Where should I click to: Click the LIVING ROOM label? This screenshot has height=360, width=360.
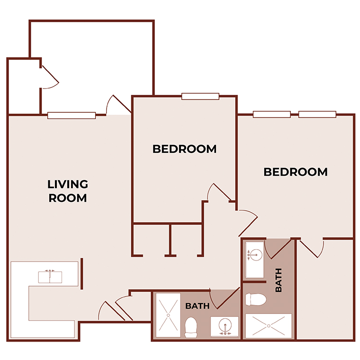click(68, 191)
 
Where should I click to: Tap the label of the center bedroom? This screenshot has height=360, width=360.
click(184, 149)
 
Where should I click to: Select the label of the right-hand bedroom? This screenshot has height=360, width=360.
click(296, 172)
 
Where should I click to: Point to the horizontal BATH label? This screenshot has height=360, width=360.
click(197, 306)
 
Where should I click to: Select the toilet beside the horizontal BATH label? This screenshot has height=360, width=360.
click(191, 326)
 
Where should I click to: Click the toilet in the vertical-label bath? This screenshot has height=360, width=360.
click(256, 299)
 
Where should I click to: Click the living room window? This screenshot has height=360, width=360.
click(72, 115)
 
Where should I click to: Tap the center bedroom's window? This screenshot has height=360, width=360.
click(200, 97)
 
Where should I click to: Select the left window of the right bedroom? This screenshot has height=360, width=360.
click(271, 114)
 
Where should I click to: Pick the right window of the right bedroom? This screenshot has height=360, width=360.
click(317, 114)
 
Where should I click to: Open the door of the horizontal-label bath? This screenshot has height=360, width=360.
click(222, 298)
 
